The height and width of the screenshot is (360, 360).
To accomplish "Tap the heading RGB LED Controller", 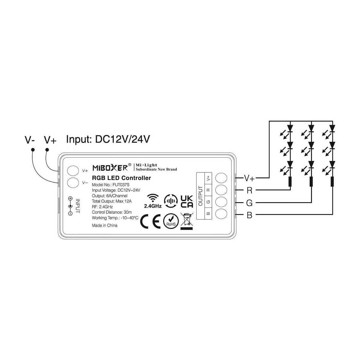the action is tap(121, 178).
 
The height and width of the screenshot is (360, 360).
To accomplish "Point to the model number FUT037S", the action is tap(121, 185).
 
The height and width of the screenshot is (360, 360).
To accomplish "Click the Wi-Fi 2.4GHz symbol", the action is tap(153, 201).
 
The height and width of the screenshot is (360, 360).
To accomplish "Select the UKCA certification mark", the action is tap(187, 202).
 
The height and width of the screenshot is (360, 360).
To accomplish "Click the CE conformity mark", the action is tap(150, 221).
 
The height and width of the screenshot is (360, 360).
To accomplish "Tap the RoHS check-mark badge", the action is tap(171, 221).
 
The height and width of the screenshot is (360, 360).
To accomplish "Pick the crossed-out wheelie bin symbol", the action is tap(187, 221).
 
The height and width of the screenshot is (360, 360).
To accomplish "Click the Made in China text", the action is tap(105, 226).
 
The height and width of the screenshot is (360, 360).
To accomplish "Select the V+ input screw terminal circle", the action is tap(73, 171).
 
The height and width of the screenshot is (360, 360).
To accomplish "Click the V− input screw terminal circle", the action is tap(73, 182).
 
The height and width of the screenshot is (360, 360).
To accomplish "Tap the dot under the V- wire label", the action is tap(33, 150).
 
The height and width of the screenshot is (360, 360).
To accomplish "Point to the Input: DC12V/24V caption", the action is tap(108, 139).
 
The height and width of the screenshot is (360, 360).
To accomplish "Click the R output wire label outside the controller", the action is tap(249, 190).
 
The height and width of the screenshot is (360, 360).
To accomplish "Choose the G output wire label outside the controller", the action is tap(249, 203).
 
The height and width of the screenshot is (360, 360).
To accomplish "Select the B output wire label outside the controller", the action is tap(249, 215).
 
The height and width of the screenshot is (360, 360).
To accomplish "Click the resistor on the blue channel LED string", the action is tap(332, 181).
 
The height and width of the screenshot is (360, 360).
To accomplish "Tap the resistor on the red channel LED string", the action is tap(290, 181).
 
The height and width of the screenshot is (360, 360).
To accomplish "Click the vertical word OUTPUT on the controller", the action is tap(200, 196).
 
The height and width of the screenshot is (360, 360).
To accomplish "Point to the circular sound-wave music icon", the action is tap(171, 201).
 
